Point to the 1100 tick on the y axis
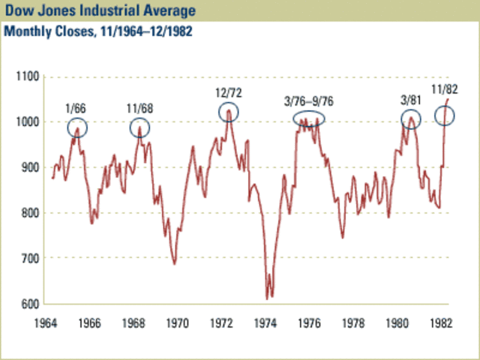27,76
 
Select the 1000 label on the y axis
27,122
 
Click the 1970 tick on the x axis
178,324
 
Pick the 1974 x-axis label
266,324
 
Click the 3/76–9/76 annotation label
309,101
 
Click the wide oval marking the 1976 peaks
309,118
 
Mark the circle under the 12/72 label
229,112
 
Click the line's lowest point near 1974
267,298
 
